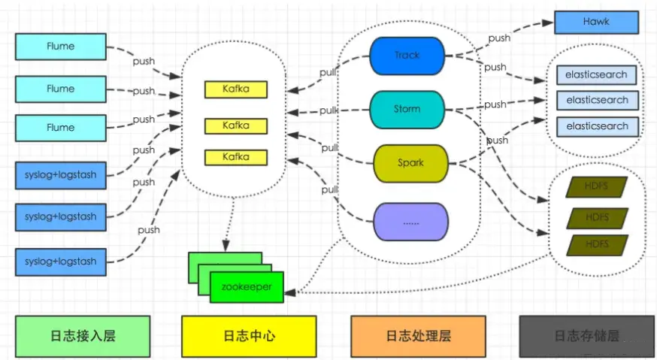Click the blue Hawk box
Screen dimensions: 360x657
pos(596,23)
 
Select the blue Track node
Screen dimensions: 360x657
pos(407,55)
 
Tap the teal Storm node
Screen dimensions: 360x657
pos(407,110)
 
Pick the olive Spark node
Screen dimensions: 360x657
pos(410,162)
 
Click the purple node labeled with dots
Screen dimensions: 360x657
pos(410,222)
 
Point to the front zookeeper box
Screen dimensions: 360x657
pos(247,287)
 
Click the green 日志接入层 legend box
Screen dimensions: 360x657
pos(83,335)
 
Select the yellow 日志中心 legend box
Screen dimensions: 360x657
pos(249,335)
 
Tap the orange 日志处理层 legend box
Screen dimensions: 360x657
pos(418,335)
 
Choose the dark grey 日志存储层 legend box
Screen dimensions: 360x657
pos(586,335)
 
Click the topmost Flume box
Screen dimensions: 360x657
pos(61,47)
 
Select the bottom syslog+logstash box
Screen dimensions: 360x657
pos(61,262)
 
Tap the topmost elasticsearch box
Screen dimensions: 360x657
pos(597,75)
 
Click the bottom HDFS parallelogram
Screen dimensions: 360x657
pos(597,245)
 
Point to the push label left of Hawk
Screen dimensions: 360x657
pos(499,38)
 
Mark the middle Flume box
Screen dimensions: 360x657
pos(61,89)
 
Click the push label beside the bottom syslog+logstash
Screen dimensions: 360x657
pos(148,229)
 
